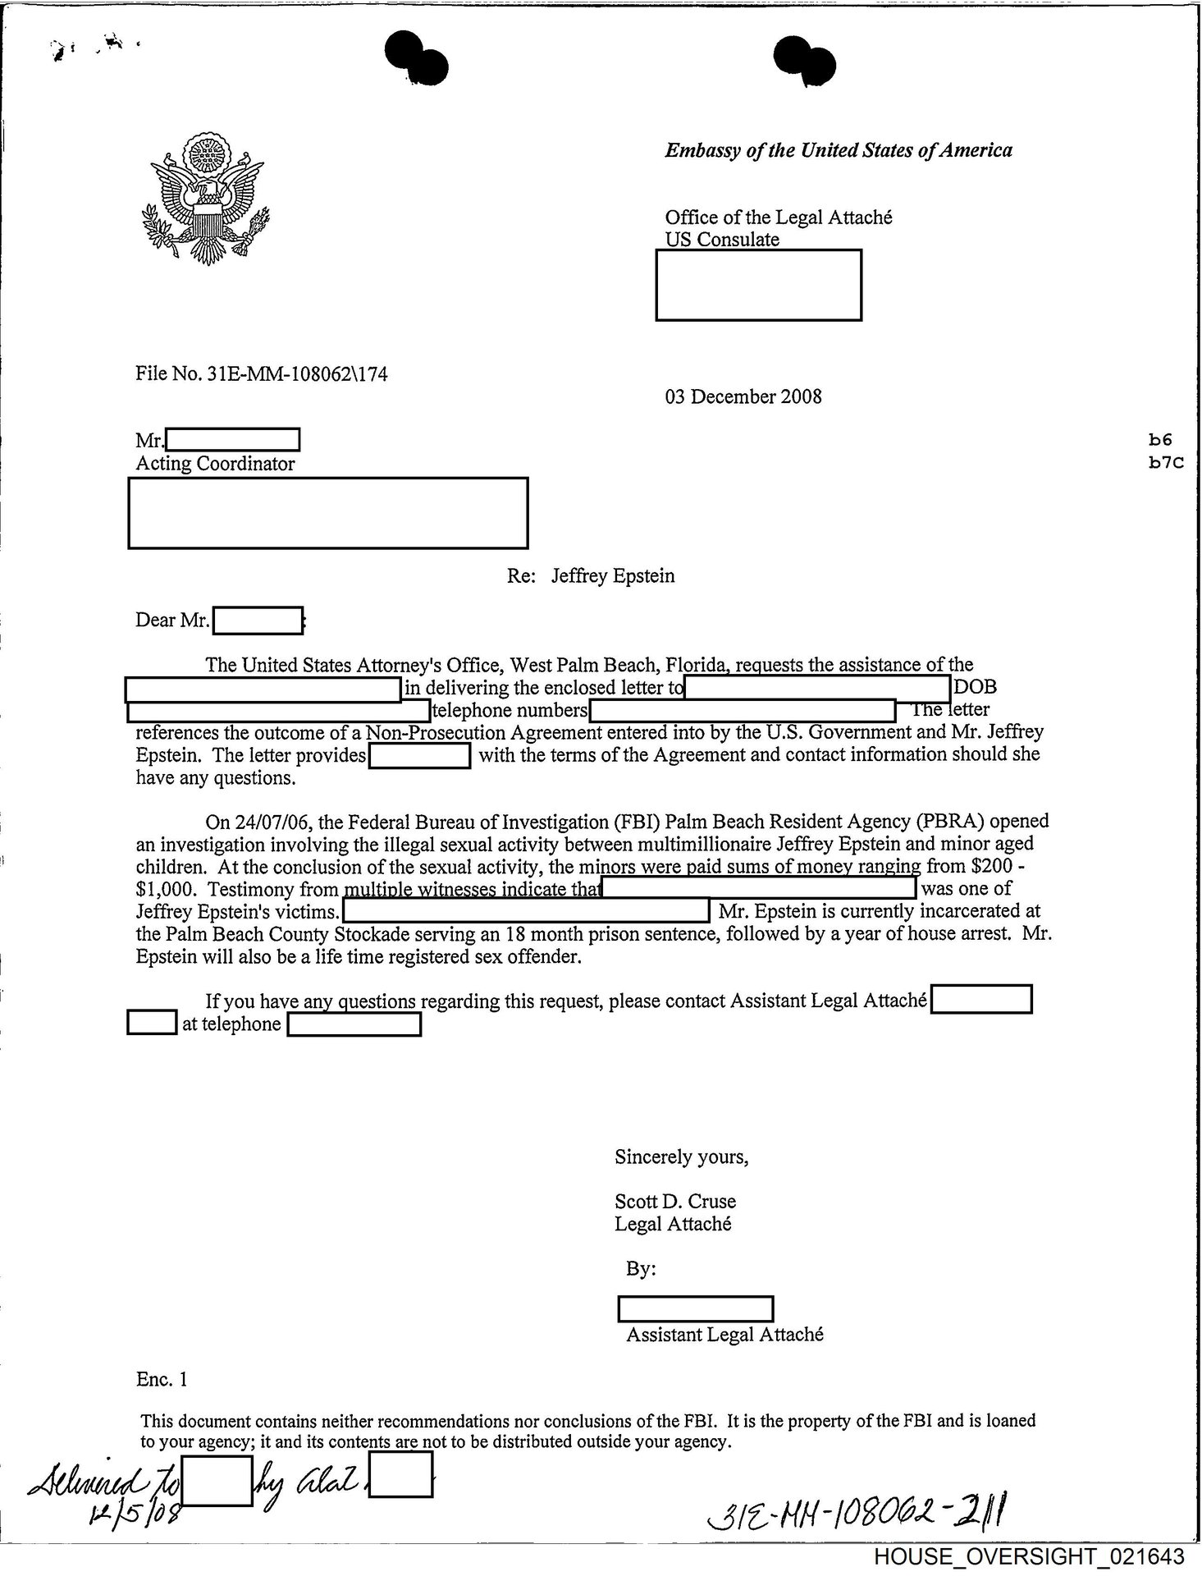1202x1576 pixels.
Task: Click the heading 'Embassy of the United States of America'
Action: coord(838,150)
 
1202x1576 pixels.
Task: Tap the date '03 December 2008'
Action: coord(743,397)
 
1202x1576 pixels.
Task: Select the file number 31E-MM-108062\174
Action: coord(262,374)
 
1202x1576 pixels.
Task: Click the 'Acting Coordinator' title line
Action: coord(215,464)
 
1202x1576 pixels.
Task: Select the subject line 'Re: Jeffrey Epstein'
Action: coord(591,576)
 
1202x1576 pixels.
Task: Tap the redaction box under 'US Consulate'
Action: coord(758,285)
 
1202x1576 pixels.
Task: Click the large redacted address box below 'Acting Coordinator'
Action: coord(327,513)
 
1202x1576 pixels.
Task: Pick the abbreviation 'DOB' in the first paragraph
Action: coord(976,688)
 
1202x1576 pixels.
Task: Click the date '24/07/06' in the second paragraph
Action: coord(238,822)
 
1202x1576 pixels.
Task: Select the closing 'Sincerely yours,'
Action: coord(681,1157)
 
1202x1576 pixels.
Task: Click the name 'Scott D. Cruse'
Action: coord(675,1202)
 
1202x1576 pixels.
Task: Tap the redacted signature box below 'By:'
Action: coord(695,1308)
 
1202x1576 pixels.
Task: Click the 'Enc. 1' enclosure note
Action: coord(162,1380)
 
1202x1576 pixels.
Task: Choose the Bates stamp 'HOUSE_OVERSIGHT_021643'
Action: coord(1029,1557)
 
